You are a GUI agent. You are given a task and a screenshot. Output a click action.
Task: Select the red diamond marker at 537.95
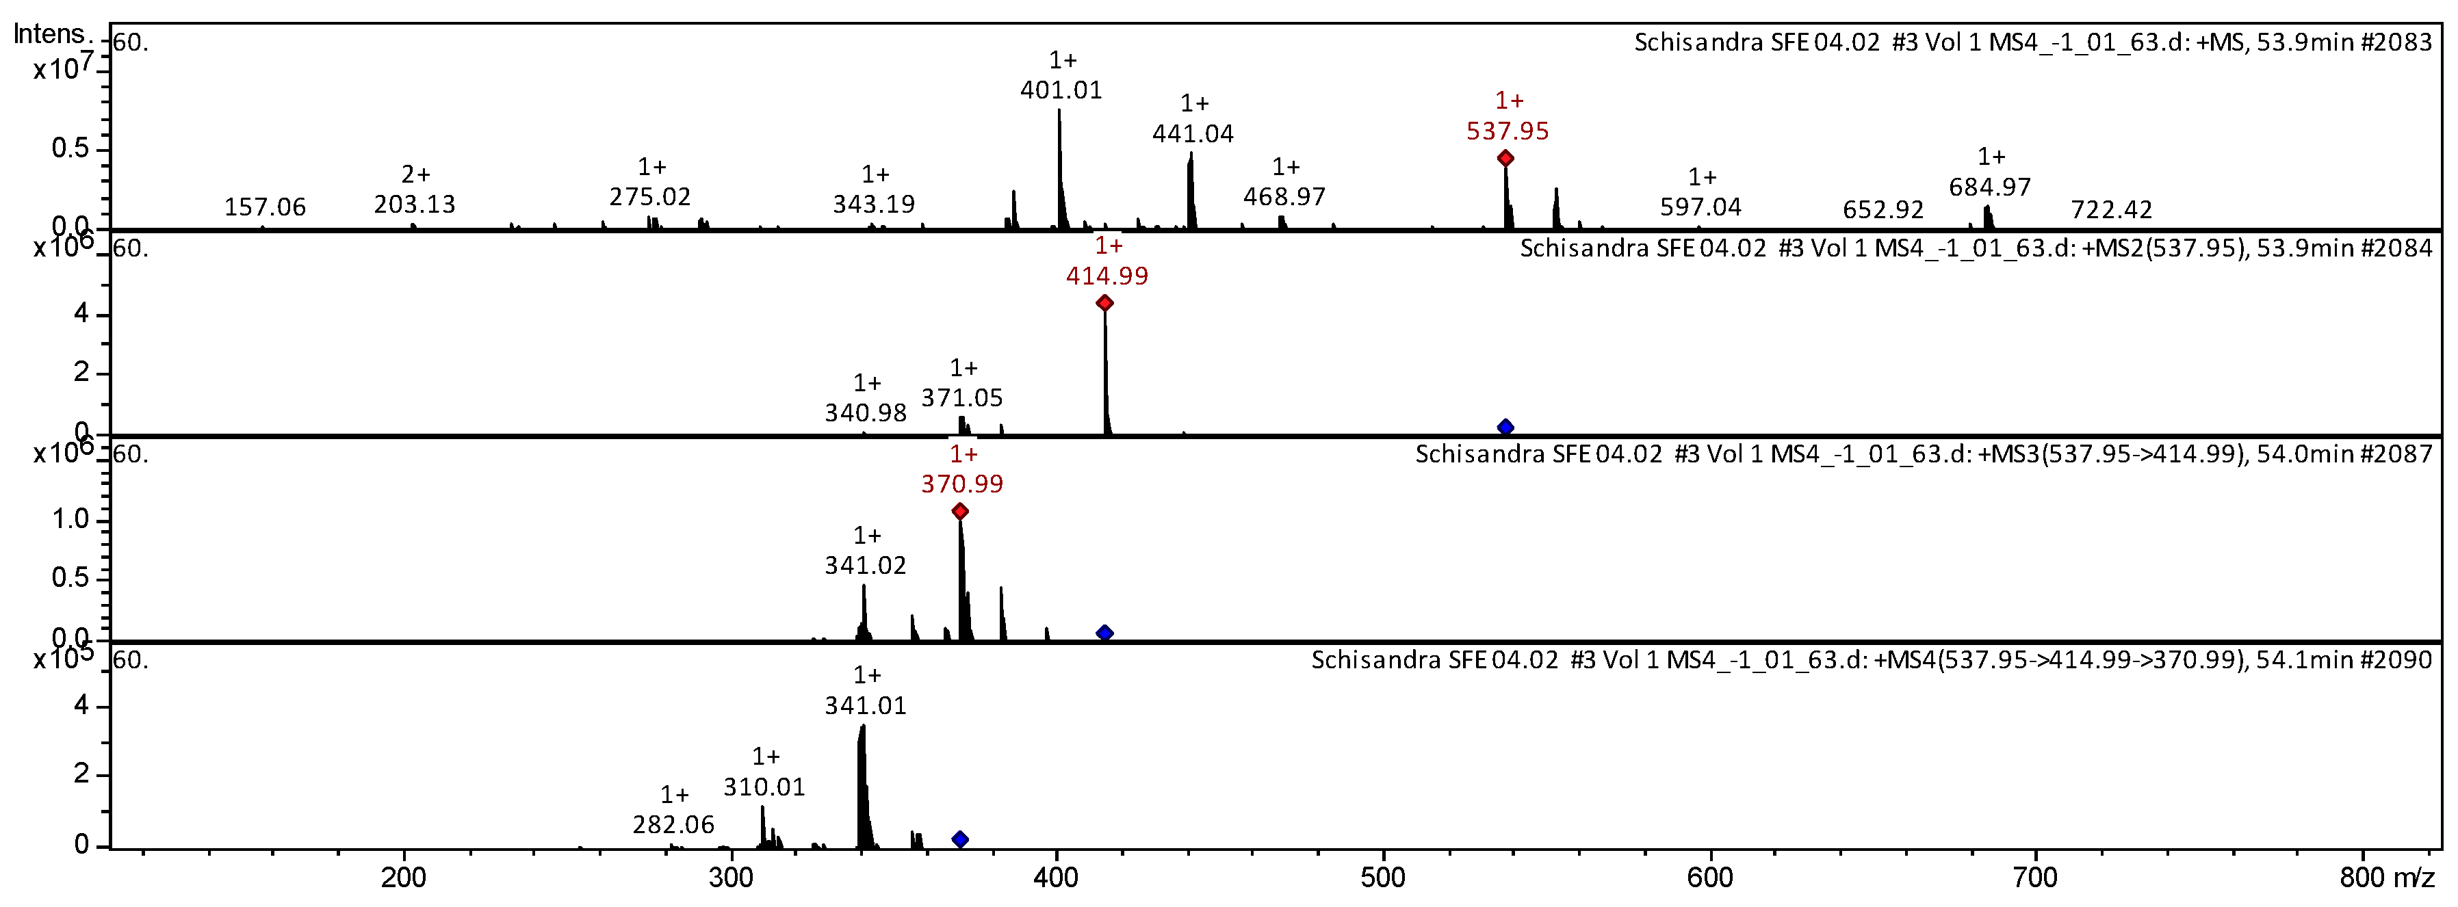[1505, 158]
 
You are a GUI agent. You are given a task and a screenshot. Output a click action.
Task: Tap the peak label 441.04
[1192, 133]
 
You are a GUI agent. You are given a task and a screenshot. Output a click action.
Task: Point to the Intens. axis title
[50, 34]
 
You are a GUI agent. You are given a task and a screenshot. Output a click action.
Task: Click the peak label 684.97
[1989, 187]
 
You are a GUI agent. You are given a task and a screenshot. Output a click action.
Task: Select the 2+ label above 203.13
[415, 174]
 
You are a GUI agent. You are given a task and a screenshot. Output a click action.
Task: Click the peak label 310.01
[764, 787]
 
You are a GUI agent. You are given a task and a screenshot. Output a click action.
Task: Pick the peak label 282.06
[673, 824]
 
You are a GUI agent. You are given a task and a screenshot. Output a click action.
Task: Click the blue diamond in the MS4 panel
[960, 839]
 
